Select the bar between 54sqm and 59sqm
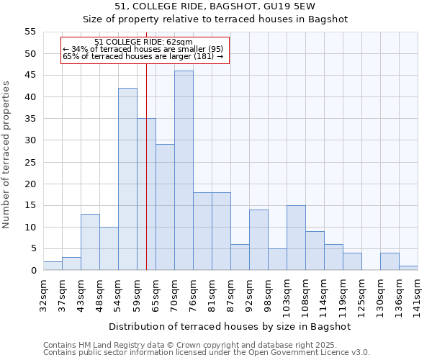tap(127, 179)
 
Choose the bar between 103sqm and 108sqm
tap(296, 238)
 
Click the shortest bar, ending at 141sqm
tap(408, 268)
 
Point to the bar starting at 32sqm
tap(53, 266)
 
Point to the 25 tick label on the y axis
tap(30, 162)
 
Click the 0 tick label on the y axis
tap(33, 271)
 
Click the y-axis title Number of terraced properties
tap(6, 154)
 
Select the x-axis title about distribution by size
tap(230, 326)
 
